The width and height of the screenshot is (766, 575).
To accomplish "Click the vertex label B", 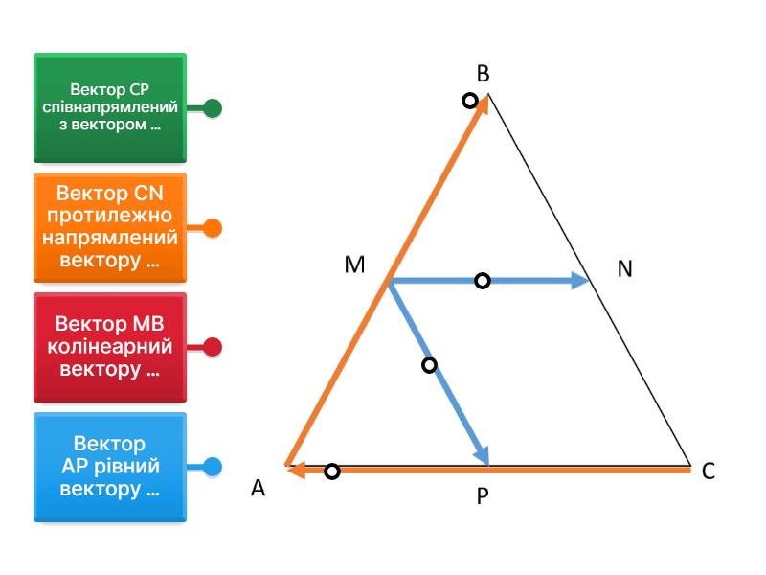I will click(x=484, y=73).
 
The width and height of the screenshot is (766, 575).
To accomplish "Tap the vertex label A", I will click(x=258, y=488).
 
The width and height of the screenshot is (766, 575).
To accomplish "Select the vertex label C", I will click(x=708, y=471).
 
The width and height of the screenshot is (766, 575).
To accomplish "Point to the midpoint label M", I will click(x=355, y=266).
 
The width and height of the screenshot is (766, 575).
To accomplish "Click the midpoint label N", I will click(x=625, y=269).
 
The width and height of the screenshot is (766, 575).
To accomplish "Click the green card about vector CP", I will click(x=110, y=108).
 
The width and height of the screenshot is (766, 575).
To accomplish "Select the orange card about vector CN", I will click(x=110, y=228).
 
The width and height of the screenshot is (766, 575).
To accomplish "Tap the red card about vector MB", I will click(x=110, y=347).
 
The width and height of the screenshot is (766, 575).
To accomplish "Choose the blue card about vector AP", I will click(x=110, y=467).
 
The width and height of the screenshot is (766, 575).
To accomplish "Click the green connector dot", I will click(x=214, y=108).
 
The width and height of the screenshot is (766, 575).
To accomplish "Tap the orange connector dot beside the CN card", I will click(x=214, y=228).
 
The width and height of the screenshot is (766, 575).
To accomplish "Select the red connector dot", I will click(x=214, y=347).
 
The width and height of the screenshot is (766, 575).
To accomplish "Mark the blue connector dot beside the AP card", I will click(x=214, y=467).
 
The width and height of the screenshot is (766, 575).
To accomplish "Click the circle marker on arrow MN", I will click(x=483, y=281).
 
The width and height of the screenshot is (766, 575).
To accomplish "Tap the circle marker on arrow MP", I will click(x=429, y=365).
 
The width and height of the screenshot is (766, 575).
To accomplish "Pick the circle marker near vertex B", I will click(x=469, y=100).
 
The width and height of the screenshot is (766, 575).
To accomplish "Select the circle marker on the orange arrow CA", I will click(x=331, y=471).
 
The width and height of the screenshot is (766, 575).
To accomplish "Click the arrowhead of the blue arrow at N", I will click(x=580, y=281).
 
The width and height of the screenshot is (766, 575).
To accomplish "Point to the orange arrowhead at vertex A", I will click(x=295, y=470).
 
